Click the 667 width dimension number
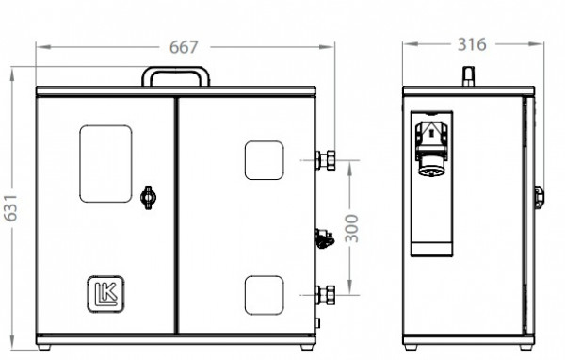[x=184, y=47]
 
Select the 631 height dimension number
[x=10, y=207]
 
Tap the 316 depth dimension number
[x=472, y=44]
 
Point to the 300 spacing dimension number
[x=351, y=228]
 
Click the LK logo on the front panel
[x=105, y=294]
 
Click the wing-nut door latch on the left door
[x=148, y=197]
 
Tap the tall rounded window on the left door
[x=105, y=164]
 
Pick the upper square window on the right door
[x=264, y=160]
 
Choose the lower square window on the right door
[x=264, y=295]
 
